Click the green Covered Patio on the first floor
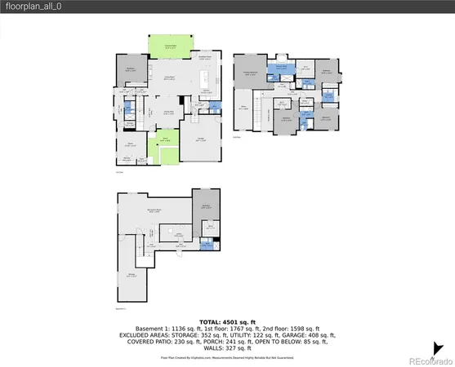(170, 46)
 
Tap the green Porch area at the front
(167, 147)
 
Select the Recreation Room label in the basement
(153, 210)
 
